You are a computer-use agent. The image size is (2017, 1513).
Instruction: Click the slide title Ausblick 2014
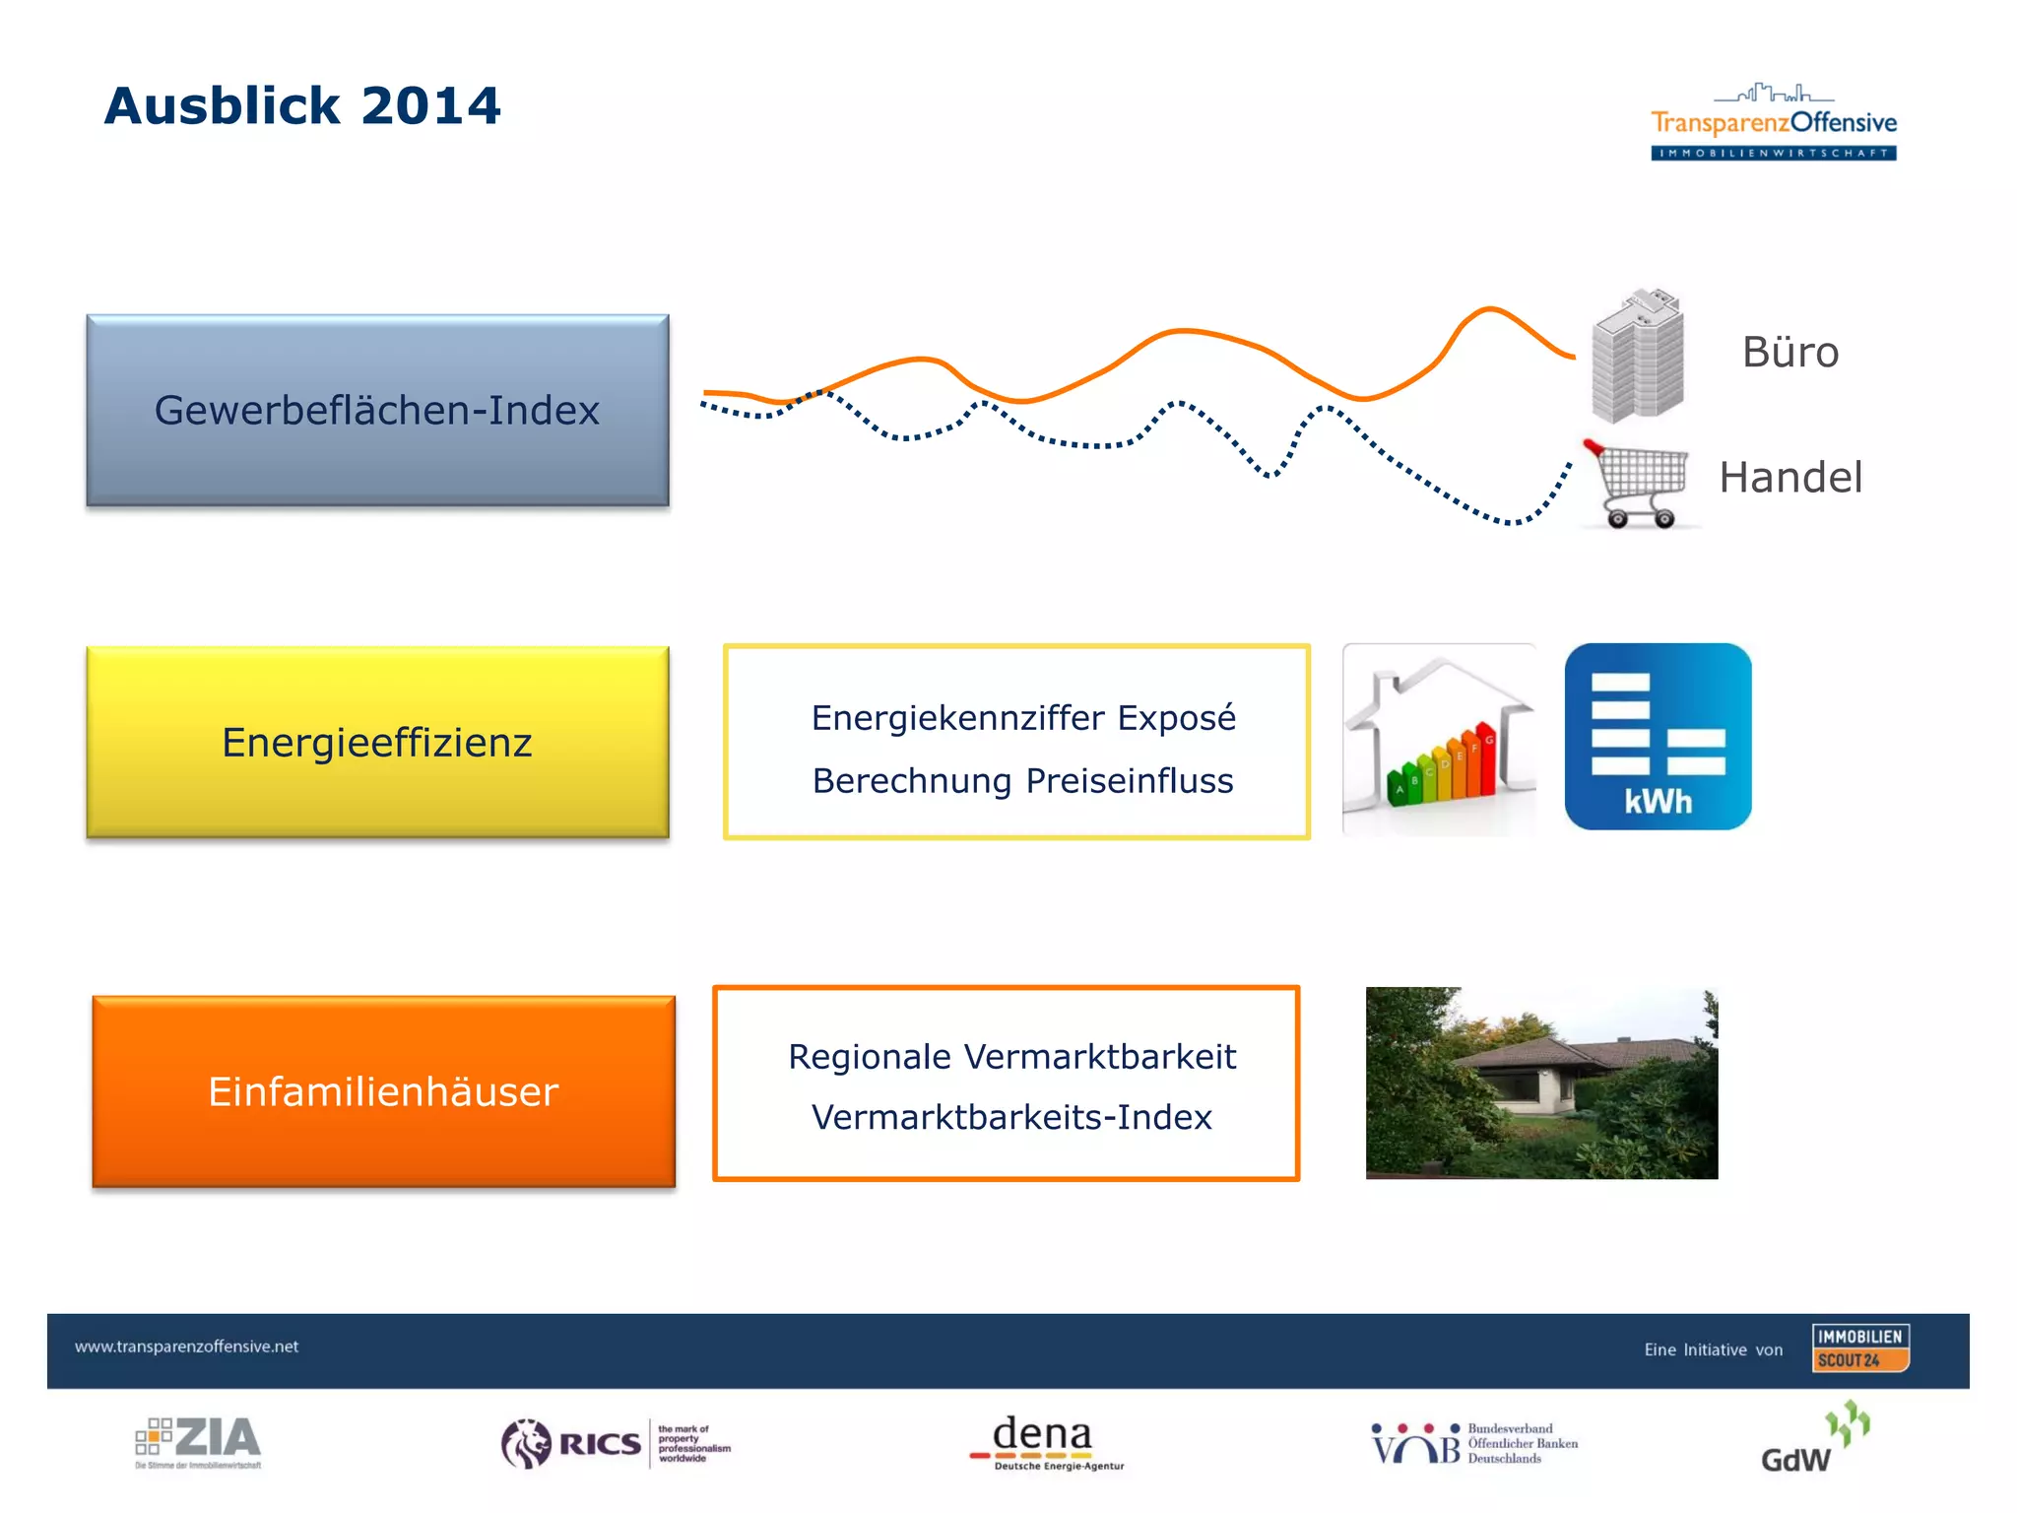[x=302, y=105]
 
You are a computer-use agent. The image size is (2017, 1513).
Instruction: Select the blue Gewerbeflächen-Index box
[x=377, y=411]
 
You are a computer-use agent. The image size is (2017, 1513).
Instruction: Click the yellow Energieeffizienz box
[x=377, y=742]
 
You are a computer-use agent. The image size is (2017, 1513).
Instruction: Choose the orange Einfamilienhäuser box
[x=383, y=1091]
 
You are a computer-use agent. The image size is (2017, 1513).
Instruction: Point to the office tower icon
[x=1637, y=357]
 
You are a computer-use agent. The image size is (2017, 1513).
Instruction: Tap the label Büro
[x=1789, y=353]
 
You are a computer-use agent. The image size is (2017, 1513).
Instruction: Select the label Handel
[x=1789, y=478]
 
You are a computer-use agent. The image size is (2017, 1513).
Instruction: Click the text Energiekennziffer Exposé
[x=1022, y=718]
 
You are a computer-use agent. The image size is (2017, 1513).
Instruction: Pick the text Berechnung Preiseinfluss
[x=1022, y=781]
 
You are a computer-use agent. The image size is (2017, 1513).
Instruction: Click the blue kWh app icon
[x=1658, y=737]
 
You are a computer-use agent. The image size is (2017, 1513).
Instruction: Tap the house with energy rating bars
[x=1439, y=741]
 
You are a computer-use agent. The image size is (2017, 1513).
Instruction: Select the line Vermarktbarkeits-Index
[x=1011, y=1118]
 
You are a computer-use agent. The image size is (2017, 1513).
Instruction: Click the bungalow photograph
[x=1541, y=1083]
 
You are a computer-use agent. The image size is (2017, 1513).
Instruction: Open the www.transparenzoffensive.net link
[x=186, y=1347]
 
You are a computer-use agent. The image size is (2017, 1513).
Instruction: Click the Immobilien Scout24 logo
[x=1859, y=1349]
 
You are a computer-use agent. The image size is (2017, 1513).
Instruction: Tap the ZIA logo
[x=199, y=1442]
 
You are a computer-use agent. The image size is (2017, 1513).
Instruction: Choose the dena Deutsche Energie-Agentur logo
[x=1046, y=1443]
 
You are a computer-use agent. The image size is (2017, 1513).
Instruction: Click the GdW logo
[x=1814, y=1442]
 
